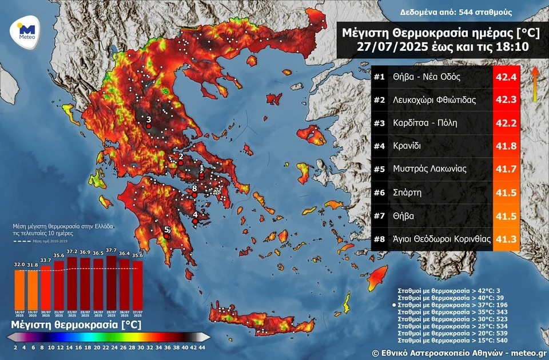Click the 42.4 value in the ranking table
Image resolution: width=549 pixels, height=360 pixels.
pyautogui.click(x=506, y=77)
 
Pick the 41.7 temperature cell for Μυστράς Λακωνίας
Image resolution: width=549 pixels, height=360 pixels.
pyautogui.click(x=506, y=169)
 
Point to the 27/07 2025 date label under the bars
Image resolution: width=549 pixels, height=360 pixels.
pyautogui.click(x=137, y=313)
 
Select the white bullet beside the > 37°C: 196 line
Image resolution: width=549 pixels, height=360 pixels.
pyautogui.click(x=394, y=306)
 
